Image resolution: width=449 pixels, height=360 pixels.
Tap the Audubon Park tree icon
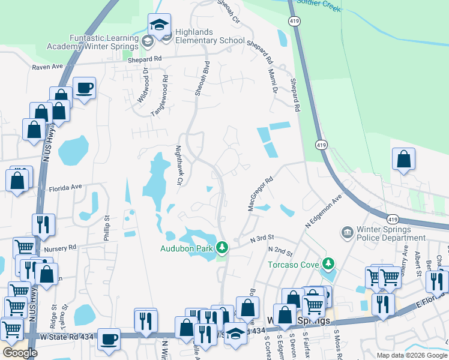tap(222, 248)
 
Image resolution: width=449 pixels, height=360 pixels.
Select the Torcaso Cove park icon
tap(328, 263)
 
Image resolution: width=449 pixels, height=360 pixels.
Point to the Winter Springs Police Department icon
tap(347, 232)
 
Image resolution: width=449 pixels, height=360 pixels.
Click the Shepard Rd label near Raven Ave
tap(145, 59)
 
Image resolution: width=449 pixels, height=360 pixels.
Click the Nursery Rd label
tap(59, 247)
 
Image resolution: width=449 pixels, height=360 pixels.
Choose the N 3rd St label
tap(262, 238)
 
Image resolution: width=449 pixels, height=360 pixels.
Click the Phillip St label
tap(107, 226)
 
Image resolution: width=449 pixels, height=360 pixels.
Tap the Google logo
tap(20, 353)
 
